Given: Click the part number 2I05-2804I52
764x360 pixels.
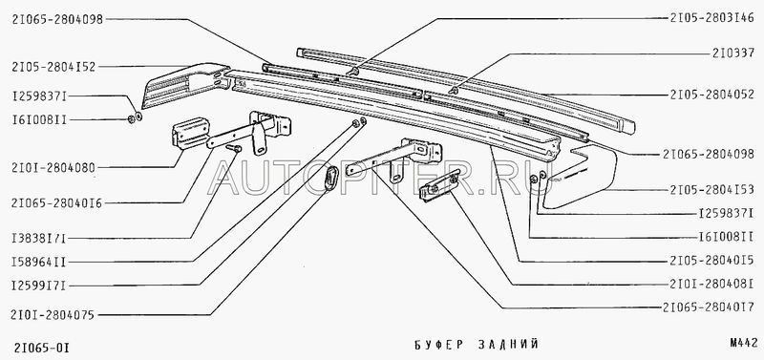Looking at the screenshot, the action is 53,67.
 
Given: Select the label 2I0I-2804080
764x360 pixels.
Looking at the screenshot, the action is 53,168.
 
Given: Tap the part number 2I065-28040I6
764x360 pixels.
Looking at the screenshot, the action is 56,203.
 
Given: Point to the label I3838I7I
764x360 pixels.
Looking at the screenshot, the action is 38,239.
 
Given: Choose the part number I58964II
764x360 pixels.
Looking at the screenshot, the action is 38,263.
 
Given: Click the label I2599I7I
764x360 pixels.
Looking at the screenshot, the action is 38,286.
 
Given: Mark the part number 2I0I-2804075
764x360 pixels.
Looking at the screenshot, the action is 53,315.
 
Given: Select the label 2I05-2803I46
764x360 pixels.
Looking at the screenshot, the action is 711,19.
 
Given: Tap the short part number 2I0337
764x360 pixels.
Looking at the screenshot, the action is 733,54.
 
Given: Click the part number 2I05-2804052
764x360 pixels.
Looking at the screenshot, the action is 711,95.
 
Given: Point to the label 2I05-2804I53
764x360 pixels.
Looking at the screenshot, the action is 711,190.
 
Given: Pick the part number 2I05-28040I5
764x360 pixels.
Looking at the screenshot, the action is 711,262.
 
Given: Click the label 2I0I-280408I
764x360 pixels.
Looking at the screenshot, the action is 711,285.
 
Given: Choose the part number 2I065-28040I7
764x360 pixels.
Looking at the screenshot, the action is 709,307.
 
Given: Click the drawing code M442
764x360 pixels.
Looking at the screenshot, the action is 744,343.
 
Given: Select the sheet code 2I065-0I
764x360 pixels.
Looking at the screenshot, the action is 40,349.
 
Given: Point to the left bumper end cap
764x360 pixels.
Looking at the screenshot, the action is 185,84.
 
